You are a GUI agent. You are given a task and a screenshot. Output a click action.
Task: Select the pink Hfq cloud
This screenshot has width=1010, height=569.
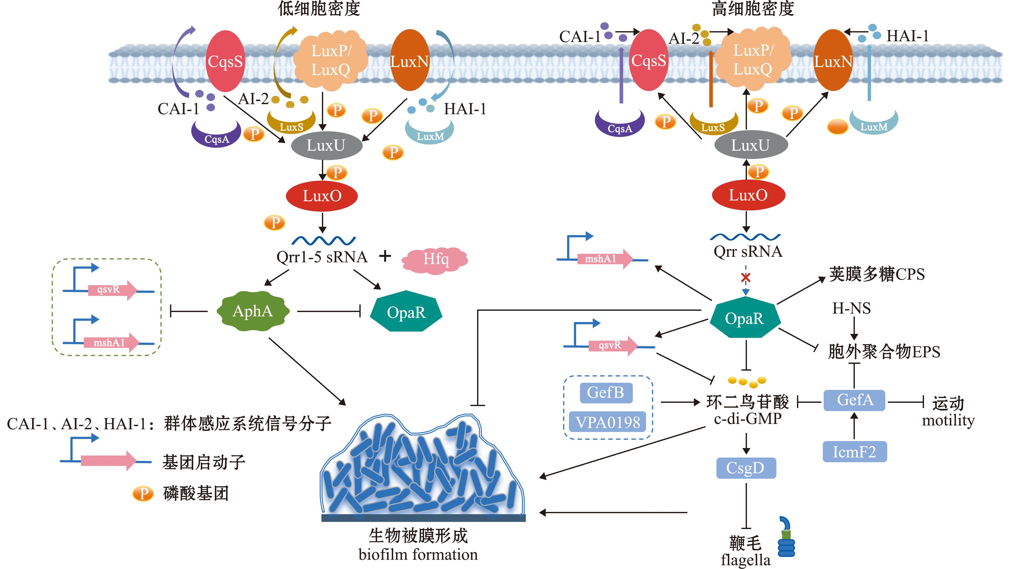(x=435, y=259)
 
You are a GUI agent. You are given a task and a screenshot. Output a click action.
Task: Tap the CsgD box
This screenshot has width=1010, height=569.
(x=746, y=468)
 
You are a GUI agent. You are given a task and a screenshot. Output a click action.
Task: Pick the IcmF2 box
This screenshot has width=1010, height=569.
(x=854, y=452)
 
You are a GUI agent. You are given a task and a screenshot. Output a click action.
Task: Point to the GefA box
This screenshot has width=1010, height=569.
(x=854, y=400)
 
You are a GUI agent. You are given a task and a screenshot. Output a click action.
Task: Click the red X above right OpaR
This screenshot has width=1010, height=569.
(x=745, y=278)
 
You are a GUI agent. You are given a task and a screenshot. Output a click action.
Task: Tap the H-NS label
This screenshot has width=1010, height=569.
(x=851, y=309)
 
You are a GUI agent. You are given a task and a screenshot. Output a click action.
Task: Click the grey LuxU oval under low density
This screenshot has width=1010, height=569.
(x=326, y=145)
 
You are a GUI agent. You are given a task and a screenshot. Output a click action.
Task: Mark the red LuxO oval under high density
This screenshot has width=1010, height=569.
(x=748, y=195)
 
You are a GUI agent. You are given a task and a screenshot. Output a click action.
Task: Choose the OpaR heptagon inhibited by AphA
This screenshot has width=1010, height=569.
(x=406, y=312)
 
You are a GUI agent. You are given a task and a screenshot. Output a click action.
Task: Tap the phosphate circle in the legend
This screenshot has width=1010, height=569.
(x=143, y=493)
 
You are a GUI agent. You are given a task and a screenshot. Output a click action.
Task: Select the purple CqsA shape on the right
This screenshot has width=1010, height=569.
(x=619, y=123)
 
